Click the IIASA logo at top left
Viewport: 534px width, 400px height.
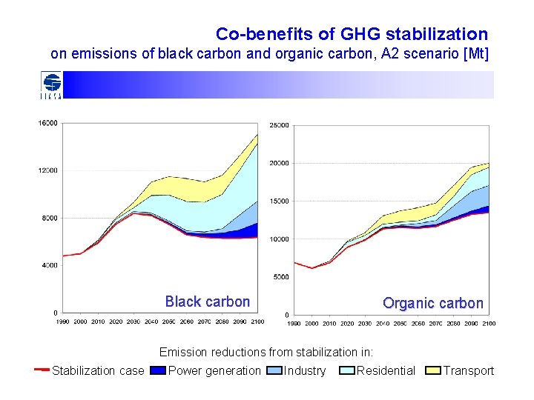pos(51,84)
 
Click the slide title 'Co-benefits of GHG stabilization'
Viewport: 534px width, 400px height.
pos(352,34)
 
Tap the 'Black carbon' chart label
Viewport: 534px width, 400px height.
pos(207,301)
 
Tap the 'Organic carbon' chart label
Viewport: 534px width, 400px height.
pos(432,303)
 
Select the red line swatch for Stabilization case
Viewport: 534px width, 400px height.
pos(42,369)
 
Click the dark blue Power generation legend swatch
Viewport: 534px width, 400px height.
pos(157,370)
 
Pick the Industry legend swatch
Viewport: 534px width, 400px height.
pos(274,370)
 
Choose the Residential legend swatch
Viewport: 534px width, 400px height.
pos(347,370)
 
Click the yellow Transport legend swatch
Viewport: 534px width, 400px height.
pos(432,370)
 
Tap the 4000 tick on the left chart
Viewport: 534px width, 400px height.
pos(49,265)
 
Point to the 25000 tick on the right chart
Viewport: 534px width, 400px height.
pos(279,125)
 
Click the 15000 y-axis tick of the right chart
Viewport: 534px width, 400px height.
pos(279,201)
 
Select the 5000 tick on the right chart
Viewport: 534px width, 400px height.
pos(281,277)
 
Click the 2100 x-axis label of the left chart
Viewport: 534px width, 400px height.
pos(257,321)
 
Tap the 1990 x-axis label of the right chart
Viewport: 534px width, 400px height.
pos(294,324)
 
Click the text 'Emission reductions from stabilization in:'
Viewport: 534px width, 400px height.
pos(266,353)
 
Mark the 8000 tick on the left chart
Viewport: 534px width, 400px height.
pos(49,218)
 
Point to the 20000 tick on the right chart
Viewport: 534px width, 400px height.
pos(279,163)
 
